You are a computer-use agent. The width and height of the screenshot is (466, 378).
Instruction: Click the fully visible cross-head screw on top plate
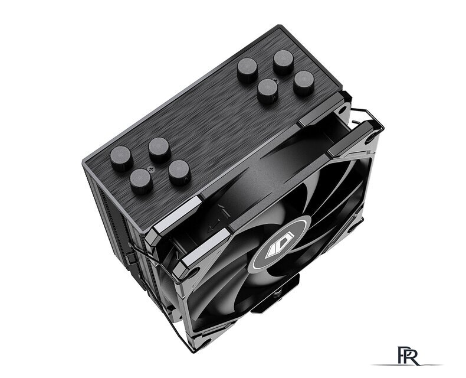point(150,168)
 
